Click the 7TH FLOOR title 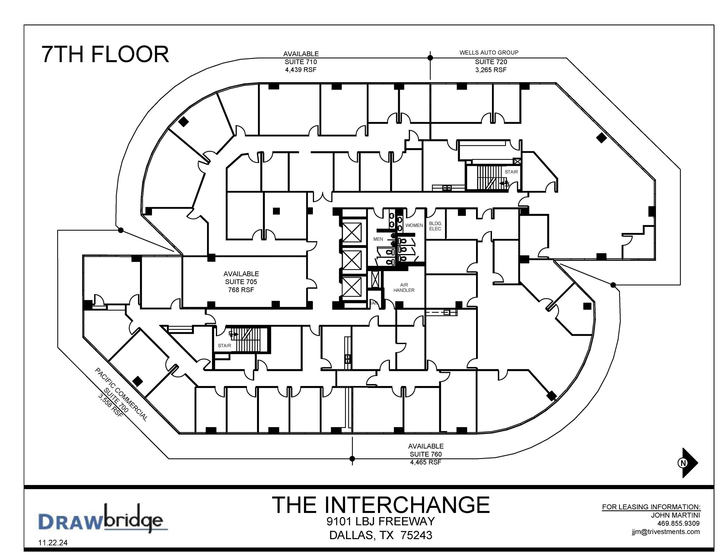coord(105,54)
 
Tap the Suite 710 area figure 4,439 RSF coord(301,70)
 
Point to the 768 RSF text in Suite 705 coord(241,290)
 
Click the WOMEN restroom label coord(414,225)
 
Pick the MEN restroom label coord(378,239)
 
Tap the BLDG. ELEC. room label coord(435,226)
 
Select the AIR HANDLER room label coord(404,287)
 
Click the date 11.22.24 coord(53,543)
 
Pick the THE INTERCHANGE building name coord(380,505)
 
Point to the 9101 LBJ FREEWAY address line coord(380,521)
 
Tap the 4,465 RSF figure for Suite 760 coord(426,462)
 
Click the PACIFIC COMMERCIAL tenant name coord(121,394)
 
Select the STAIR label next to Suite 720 coord(511,172)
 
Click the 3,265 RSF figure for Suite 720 coord(491,70)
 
